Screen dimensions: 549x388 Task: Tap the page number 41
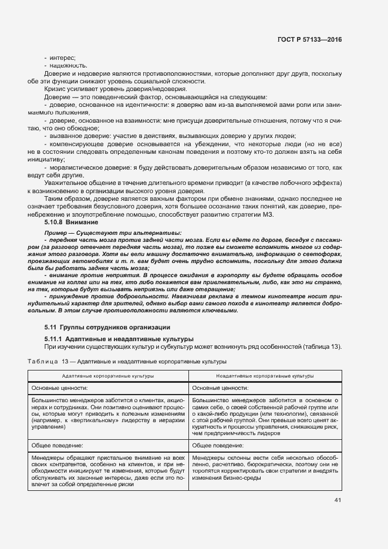tap(338, 500)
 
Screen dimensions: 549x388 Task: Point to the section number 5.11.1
tap(53, 338)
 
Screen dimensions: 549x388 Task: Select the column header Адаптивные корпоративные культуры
tap(108, 375)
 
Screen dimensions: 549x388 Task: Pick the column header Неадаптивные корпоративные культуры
tap(265, 375)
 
